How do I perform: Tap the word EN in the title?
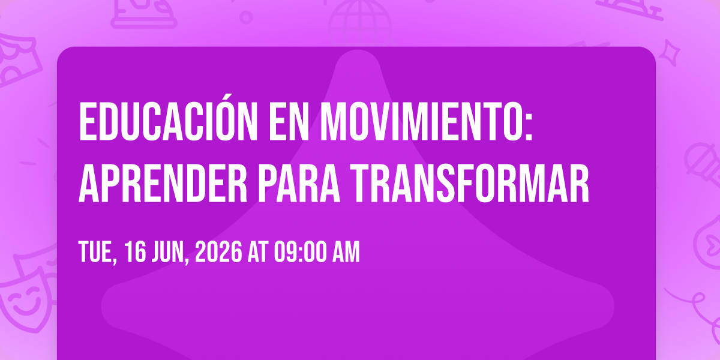[289, 121]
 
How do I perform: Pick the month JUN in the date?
[170, 253]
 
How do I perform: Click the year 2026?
[218, 253]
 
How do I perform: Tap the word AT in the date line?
[257, 253]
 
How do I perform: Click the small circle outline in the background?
[246, 17]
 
